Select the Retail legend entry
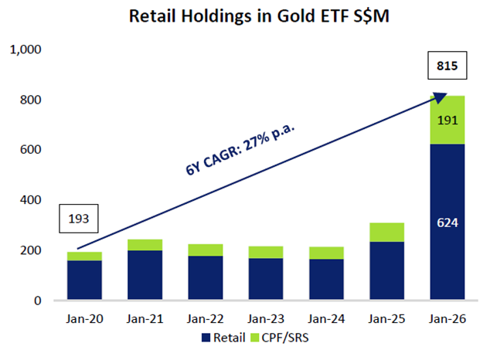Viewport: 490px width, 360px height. (x=224, y=337)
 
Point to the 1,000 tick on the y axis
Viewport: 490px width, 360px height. (x=26, y=50)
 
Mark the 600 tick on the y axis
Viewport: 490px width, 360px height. (x=31, y=150)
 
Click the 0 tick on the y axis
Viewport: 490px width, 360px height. (x=36, y=301)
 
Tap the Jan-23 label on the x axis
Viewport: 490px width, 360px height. (x=265, y=318)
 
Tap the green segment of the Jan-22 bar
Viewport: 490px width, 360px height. (x=205, y=250)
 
